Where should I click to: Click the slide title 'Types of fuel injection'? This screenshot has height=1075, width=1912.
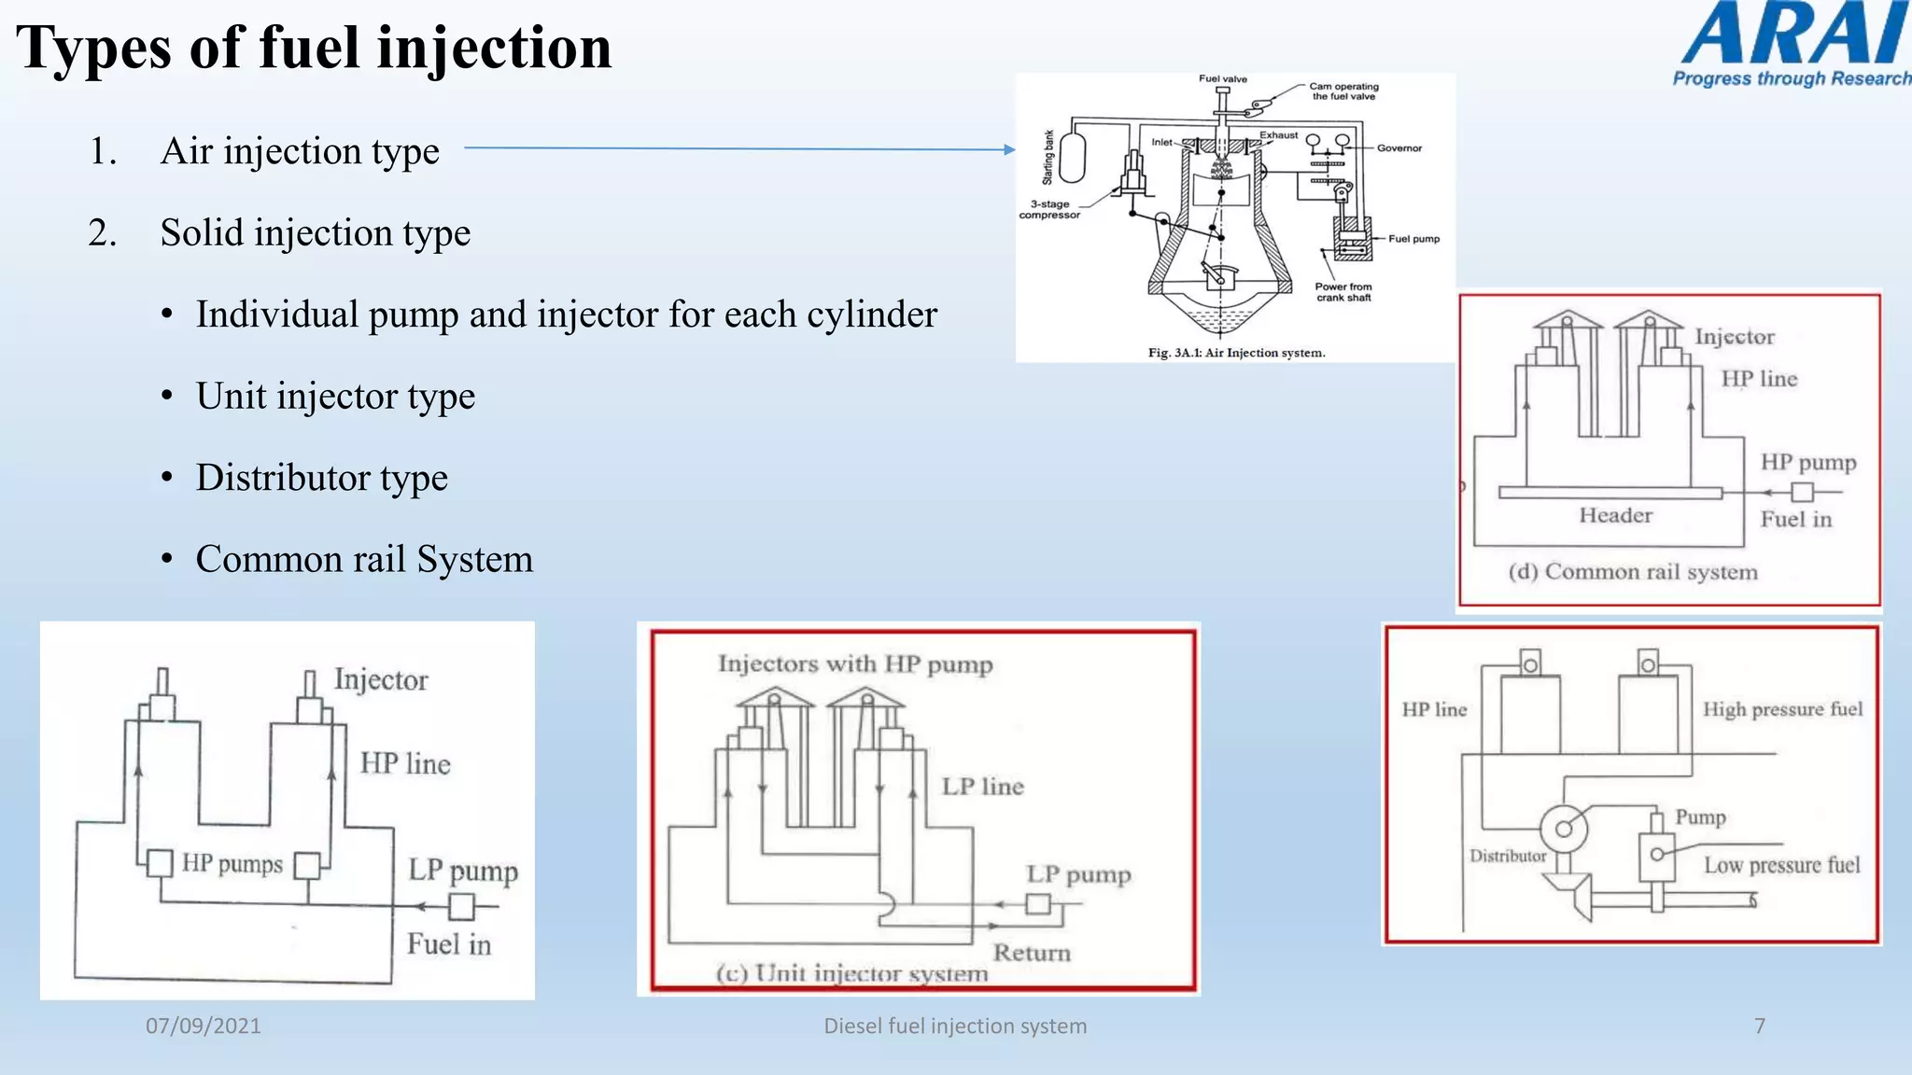(314, 49)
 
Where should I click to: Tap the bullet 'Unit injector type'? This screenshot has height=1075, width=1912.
(335, 397)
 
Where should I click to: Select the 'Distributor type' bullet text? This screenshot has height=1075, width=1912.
(321, 478)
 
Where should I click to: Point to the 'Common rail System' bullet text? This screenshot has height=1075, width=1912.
(364, 560)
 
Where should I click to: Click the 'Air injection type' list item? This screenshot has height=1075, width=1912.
(299, 151)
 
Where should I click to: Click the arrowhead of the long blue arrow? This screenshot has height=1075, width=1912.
(1009, 149)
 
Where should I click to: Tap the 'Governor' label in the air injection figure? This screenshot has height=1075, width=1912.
(1399, 148)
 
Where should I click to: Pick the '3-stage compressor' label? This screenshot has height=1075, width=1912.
(1049, 210)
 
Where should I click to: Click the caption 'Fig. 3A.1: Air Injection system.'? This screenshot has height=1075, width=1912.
(1236, 353)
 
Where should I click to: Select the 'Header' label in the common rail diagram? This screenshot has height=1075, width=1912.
(1615, 516)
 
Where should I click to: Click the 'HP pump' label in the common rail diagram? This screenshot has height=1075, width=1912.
(1807, 463)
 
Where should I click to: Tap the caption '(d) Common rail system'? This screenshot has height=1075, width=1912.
(1632, 572)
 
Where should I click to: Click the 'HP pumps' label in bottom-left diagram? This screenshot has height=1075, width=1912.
(232, 863)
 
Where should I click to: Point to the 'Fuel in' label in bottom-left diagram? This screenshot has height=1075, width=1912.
(448, 944)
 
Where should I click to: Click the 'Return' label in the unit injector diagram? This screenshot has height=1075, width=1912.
(1031, 953)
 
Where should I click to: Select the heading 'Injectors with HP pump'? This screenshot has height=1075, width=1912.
(854, 664)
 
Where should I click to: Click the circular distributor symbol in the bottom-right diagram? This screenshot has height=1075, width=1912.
(1563, 828)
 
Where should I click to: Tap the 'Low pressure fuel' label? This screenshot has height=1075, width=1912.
(1781, 866)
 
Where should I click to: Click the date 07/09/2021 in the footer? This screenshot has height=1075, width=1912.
(203, 1026)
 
